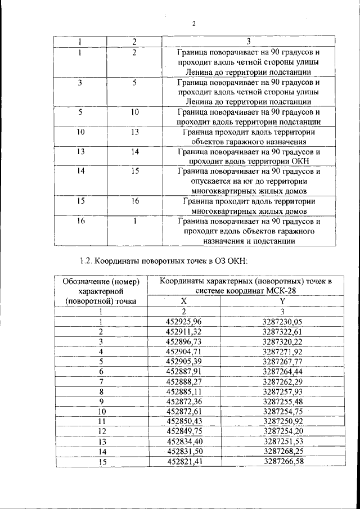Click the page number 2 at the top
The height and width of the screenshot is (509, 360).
point(193,24)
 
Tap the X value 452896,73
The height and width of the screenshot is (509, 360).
point(184,341)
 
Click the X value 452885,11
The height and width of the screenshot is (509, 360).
point(184,391)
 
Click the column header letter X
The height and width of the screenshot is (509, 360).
point(184,301)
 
